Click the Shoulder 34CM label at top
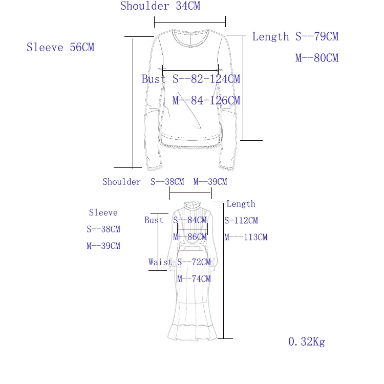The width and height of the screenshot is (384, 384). click(x=160, y=6)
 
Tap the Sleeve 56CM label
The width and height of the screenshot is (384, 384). click(x=60, y=47)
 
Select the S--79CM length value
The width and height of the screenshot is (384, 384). click(x=317, y=36)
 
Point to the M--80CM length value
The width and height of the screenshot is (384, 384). click(x=317, y=58)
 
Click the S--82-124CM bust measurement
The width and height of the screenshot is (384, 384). click(x=206, y=79)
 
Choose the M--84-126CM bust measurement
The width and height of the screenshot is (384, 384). click(x=206, y=100)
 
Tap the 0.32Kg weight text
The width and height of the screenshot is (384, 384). click(x=307, y=342)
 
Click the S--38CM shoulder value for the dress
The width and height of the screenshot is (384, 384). click(x=167, y=182)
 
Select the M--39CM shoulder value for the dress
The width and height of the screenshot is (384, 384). click(x=210, y=182)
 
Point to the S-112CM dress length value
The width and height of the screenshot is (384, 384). click(x=241, y=220)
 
